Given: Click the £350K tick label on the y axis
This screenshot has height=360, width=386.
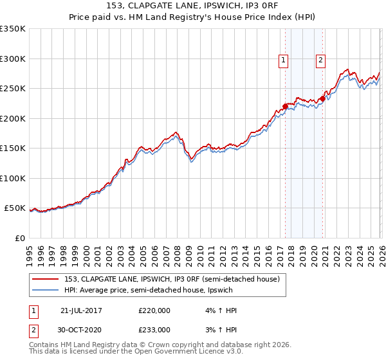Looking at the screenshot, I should [13, 29].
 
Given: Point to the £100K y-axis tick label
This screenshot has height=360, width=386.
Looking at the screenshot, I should [13, 178].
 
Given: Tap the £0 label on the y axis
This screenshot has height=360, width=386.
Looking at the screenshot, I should [20, 238].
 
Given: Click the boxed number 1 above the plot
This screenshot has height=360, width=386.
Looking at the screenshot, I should [284, 61].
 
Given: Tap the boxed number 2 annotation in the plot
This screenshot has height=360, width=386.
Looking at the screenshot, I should [320, 61].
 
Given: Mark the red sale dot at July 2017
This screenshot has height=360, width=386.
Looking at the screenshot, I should [285, 107].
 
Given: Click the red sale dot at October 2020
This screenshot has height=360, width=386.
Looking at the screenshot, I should [322, 99].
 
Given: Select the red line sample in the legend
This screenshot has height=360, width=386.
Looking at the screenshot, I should [47, 280].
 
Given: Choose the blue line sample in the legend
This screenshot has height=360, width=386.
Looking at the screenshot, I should [47, 290].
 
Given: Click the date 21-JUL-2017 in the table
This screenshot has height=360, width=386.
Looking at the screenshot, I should [81, 310].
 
